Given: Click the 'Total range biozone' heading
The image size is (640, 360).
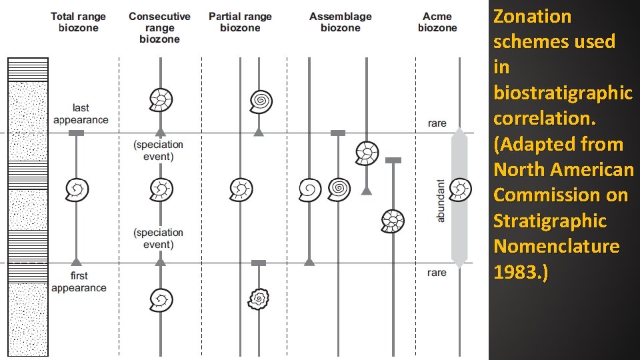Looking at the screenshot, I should (x=78, y=22).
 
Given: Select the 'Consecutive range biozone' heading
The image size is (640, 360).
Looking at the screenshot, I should (x=159, y=27).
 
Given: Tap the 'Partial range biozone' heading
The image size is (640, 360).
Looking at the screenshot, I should (x=240, y=22).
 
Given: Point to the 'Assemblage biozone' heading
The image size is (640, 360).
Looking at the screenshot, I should (x=340, y=22).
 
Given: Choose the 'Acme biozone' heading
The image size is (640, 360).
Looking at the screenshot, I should (x=437, y=22).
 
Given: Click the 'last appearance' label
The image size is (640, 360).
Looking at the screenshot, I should (x=81, y=114).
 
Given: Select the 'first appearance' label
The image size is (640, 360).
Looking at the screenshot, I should (x=79, y=281).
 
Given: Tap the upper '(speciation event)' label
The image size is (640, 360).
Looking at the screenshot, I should (x=159, y=151).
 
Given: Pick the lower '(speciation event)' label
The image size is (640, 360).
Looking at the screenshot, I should (x=159, y=238).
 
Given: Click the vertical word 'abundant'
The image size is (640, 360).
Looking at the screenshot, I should (x=440, y=200).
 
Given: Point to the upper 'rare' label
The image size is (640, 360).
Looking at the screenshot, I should (x=437, y=123).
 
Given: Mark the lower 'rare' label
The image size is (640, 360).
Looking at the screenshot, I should (x=437, y=272).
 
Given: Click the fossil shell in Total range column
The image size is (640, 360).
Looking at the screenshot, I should (x=77, y=190).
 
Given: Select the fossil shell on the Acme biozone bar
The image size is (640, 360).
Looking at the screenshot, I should (x=460, y=190).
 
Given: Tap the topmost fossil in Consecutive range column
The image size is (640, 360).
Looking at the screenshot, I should (x=160, y=100).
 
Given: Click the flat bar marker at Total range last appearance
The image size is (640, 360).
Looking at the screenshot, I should (x=77, y=133).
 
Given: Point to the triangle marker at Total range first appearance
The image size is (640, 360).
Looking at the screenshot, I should (x=77, y=261).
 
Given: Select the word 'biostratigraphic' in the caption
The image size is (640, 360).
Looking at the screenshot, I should (x=563, y=93).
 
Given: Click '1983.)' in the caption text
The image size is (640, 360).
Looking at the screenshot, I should (x=521, y=271).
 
